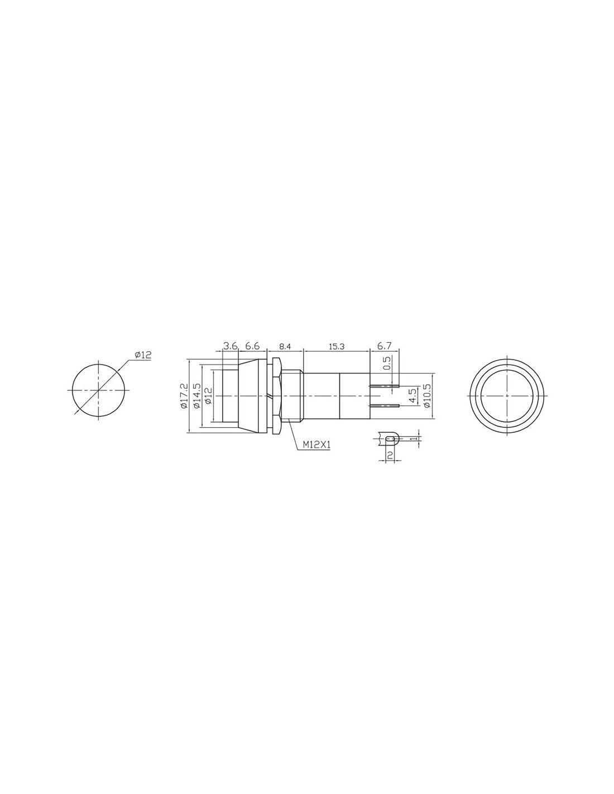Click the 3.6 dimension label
click(x=230, y=346)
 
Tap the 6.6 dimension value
click(x=252, y=346)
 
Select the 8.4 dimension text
click(x=285, y=347)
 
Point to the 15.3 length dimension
click(x=337, y=347)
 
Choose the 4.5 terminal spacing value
click(x=412, y=396)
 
